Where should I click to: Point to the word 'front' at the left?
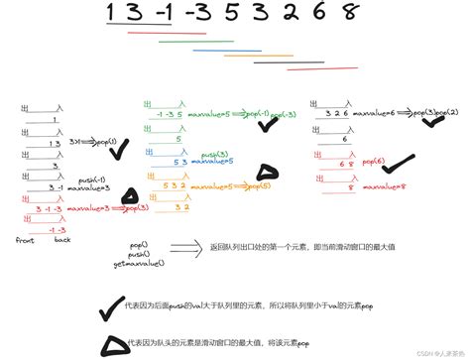pos(26,239)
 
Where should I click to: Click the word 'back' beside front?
pos(62,239)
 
